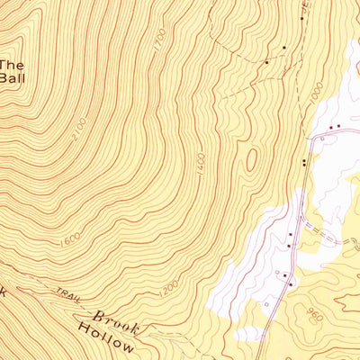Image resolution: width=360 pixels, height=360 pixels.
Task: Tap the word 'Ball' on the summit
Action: coord(12,77)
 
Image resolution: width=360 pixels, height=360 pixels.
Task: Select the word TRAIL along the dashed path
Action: coord(64,293)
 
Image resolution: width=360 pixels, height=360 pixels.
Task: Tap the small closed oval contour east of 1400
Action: coord(251,160)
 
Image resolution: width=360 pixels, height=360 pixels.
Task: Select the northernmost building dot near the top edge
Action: coord(283,47)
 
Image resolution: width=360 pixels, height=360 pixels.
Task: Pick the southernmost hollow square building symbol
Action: coord(266,304)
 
